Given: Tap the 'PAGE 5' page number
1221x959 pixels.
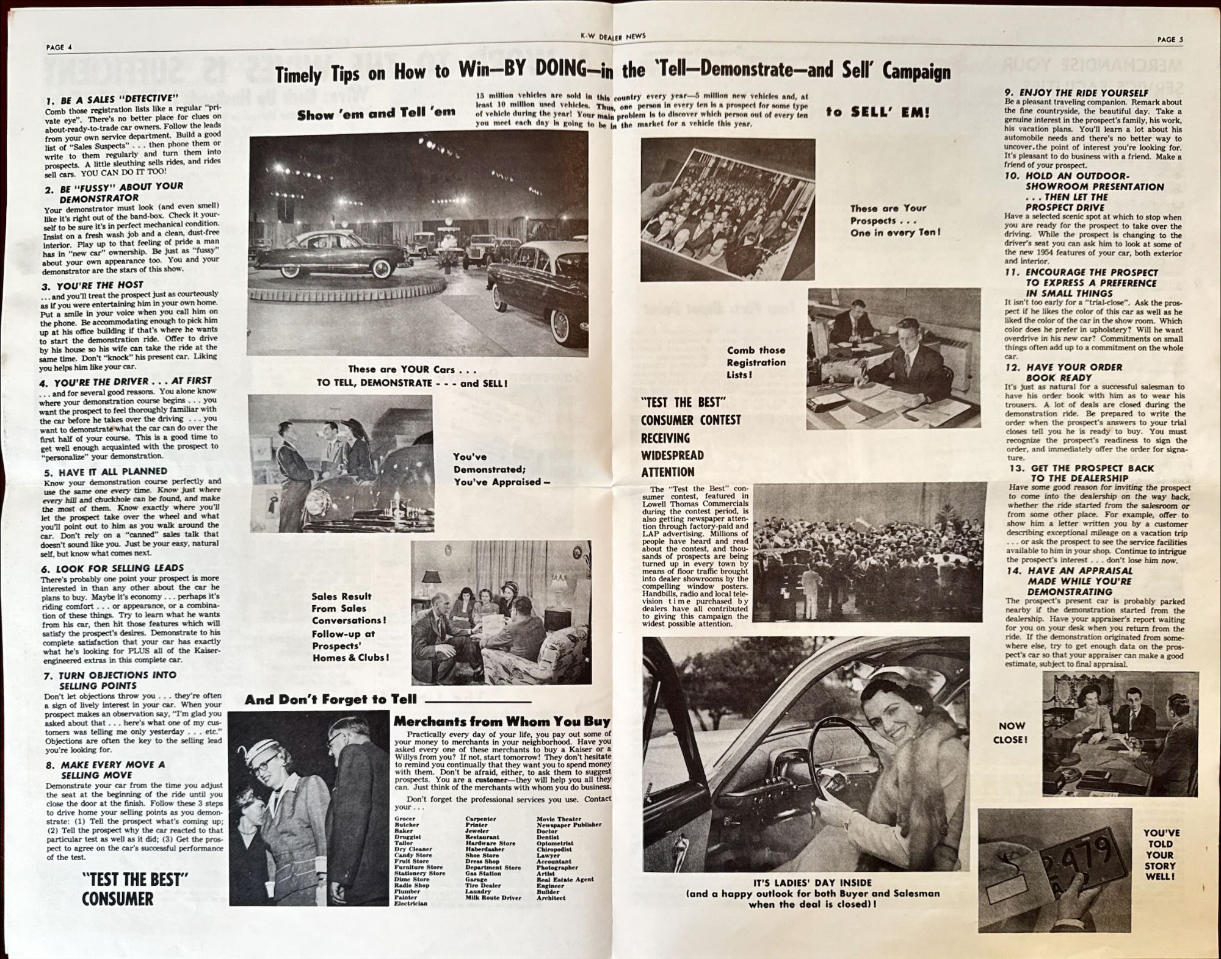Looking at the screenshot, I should point(1170,40).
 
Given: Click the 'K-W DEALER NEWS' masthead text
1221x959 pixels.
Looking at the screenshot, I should point(613,37).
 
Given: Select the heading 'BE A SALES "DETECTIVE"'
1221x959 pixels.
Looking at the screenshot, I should point(116,99).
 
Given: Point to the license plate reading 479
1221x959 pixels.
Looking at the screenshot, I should point(1087,854).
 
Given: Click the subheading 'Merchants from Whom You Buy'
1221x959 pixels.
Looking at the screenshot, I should point(501,721).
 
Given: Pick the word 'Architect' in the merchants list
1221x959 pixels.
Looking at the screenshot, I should point(551,898).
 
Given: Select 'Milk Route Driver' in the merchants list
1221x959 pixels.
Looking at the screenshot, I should point(493,898).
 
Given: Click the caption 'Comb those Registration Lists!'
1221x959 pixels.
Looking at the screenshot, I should point(756,362).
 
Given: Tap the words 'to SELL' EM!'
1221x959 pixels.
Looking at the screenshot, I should point(877,112).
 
